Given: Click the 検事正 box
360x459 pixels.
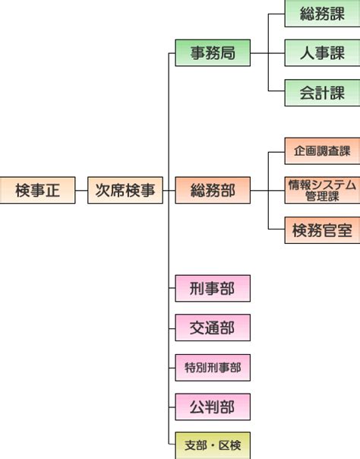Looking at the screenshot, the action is tap(37, 190).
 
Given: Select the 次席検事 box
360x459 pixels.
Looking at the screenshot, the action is tap(125, 190).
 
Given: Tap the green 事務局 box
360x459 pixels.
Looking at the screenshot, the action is tap(213, 52).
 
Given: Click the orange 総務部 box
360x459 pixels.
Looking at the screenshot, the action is tap(213, 190).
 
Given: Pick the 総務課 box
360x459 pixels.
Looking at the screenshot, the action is tap(322, 14).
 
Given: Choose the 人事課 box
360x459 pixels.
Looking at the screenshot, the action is tap(322, 53).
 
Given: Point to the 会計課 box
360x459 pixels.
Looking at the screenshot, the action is tap(322, 93).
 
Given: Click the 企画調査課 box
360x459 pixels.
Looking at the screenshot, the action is tap(322, 150).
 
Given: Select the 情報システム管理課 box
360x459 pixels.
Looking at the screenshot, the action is tap(322, 190).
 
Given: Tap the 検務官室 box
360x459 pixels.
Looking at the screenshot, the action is tap(322, 230).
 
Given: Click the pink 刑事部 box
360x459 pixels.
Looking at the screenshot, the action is tap(213, 288).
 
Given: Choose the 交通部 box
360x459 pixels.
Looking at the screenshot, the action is tap(213, 328).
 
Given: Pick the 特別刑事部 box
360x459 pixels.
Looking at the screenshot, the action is tap(213, 367).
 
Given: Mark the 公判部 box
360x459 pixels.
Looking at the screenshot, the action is tap(213, 407).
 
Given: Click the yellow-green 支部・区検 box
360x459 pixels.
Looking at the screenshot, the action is tap(213, 445).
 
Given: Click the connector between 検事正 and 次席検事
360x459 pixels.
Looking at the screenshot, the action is tap(81, 190).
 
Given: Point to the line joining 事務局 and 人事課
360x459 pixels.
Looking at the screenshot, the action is tap(267, 53).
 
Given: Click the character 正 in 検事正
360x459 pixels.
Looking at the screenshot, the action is tap(52, 190).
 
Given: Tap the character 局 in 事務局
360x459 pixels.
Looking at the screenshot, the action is tap(228, 53).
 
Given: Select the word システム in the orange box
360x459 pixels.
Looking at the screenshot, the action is tap(334, 185).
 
